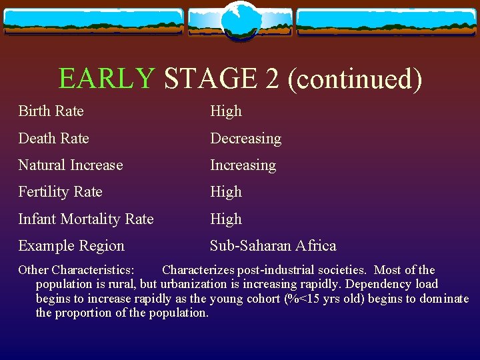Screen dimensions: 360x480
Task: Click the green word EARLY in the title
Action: point(107,79)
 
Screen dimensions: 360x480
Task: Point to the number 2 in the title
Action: point(272,79)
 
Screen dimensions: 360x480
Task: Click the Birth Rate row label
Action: point(51,111)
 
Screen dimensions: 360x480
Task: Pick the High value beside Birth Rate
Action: point(226,111)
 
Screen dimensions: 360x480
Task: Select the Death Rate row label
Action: point(53,139)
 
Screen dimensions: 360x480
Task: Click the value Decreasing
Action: point(245,139)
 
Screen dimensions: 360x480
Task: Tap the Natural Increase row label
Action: point(71,165)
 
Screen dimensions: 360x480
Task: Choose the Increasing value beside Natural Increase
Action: point(243,165)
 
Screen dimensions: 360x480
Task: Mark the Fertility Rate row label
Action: point(60,192)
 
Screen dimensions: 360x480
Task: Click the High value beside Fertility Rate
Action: point(226,192)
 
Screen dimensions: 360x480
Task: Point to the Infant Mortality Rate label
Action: point(86,219)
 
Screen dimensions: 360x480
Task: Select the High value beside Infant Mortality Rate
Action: point(226,219)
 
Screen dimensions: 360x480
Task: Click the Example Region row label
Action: point(71,246)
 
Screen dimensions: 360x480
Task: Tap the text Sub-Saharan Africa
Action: point(273,246)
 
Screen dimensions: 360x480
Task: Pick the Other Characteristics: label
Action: point(76,270)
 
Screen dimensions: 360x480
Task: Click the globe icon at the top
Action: point(240,20)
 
